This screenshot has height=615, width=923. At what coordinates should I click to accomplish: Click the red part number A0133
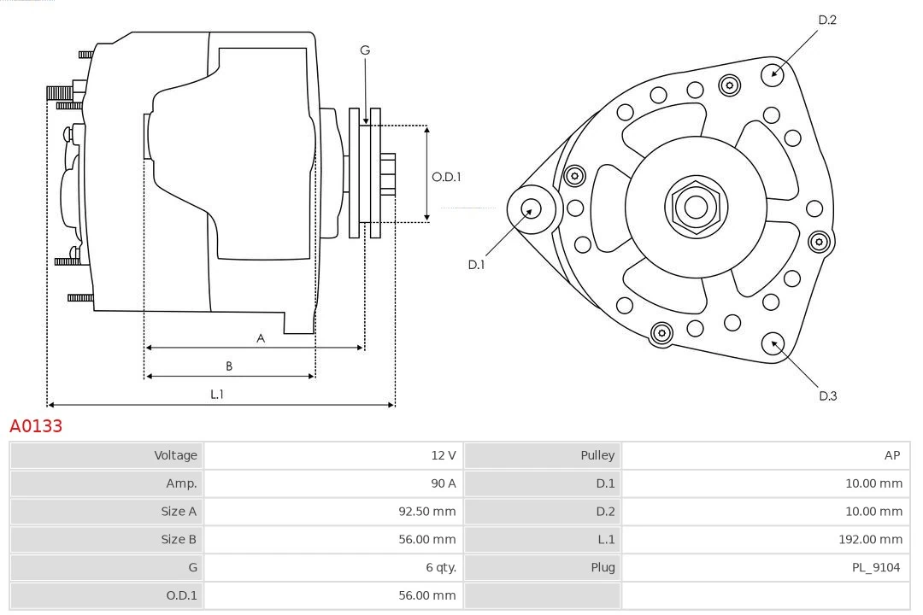tap(36, 425)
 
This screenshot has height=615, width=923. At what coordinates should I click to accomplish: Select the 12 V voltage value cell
tap(443, 455)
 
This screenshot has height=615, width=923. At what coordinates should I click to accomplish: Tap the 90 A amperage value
tap(443, 483)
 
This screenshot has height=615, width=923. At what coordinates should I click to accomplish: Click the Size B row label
tap(179, 539)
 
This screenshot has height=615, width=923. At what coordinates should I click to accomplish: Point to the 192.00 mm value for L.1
tap(870, 539)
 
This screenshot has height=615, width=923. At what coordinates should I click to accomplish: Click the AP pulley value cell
tap(891, 455)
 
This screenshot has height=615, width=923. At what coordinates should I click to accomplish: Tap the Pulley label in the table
tap(597, 455)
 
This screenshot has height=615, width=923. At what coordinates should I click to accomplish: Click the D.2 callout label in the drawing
tap(826, 20)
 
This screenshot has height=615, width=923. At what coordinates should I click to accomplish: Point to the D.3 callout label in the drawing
tap(827, 395)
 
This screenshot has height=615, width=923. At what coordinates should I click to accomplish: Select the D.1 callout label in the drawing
tap(476, 265)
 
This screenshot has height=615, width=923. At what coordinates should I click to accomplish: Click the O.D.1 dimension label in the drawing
tap(446, 177)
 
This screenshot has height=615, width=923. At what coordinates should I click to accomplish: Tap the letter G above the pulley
tap(365, 50)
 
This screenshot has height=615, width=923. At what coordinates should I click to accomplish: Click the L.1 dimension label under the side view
tap(217, 394)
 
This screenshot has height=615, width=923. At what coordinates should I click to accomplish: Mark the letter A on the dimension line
tap(261, 338)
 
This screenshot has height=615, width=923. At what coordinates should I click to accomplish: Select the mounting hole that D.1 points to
tap(531, 208)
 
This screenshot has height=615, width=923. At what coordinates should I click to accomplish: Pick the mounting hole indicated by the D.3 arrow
tap(774, 343)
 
